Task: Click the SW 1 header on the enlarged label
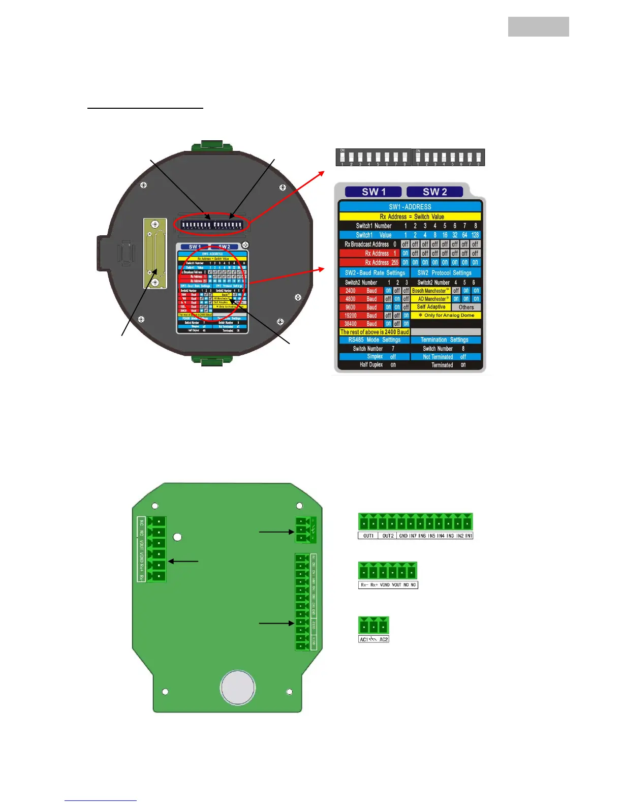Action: click(374, 192)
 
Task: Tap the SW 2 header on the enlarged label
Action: click(435, 192)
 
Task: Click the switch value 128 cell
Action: click(475, 235)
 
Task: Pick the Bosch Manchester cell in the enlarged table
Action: click(430, 291)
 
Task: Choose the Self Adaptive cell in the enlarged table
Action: click(431, 307)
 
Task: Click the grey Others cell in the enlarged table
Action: click(466, 307)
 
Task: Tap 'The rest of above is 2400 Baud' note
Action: click(374, 332)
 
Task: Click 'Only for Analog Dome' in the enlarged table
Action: click(447, 316)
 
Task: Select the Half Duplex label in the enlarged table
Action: click(371, 365)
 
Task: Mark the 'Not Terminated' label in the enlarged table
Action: click(438, 357)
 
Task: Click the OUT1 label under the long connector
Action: click(368, 536)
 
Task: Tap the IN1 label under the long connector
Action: click(469, 536)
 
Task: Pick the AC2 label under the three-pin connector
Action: click(384, 639)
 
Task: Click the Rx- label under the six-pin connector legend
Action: click(364, 585)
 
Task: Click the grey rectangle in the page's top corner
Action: click(538, 26)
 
